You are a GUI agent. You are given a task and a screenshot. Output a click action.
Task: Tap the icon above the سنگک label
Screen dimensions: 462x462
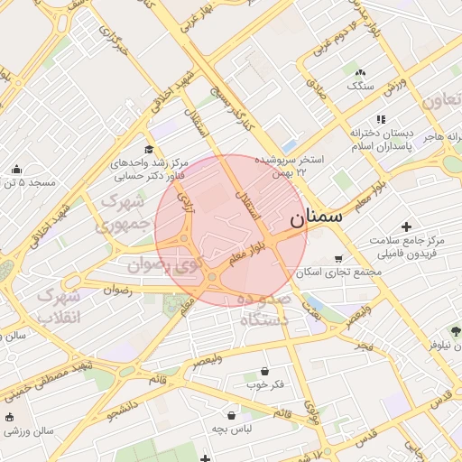pos(361,72)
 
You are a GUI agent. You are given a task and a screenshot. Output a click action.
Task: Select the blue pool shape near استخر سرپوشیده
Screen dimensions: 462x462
pos(289,145)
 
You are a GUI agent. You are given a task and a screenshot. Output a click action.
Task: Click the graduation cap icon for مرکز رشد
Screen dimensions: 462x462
pos(149,150)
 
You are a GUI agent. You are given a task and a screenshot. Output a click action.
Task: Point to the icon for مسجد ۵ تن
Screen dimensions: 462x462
pos(16,169)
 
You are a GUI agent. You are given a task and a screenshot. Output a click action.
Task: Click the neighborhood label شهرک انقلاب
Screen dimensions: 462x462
pos(60,306)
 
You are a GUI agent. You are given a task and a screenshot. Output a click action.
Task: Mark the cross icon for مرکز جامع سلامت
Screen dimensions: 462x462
pos(406,226)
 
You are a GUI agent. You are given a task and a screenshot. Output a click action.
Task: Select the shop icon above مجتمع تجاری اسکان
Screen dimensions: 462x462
pos(338,258)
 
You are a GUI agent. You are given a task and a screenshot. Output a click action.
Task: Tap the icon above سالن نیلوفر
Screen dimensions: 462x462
pos(455,331)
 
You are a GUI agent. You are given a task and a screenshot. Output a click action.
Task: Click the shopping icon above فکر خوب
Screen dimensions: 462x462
pos(264,371)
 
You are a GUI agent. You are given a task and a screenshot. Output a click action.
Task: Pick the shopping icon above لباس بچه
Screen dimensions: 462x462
pos(233,415)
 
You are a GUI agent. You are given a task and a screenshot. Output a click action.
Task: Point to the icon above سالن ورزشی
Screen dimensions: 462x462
pos(9,417)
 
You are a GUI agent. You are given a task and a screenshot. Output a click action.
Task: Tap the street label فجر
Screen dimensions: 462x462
pos(363,346)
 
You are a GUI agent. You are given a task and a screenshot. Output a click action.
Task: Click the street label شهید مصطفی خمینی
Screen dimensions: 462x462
pos(51,377)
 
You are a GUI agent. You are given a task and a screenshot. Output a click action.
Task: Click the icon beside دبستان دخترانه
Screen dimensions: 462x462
pos(382,118)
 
